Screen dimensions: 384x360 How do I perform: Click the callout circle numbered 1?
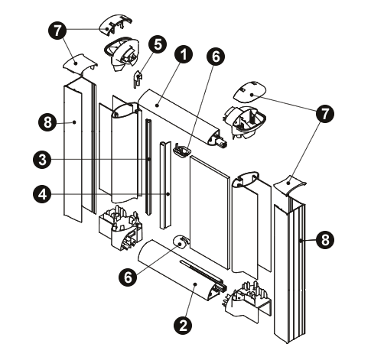click(x=184, y=54)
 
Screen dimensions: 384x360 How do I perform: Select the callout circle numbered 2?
click(x=183, y=325)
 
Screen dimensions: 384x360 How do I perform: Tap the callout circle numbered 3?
click(x=42, y=160)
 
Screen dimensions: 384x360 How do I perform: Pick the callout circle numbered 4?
click(x=42, y=194)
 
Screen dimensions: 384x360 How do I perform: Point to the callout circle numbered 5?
click(x=158, y=44)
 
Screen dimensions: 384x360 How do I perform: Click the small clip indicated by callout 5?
click(x=138, y=79)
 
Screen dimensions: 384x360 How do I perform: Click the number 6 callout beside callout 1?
click(x=216, y=57)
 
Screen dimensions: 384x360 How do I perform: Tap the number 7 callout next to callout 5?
click(x=57, y=31)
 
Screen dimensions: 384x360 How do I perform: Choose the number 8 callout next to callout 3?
click(x=47, y=122)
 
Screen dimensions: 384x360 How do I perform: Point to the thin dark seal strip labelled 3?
click(x=148, y=167)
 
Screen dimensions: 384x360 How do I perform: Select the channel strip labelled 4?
click(x=166, y=185)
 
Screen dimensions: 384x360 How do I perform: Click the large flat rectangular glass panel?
click(x=209, y=212)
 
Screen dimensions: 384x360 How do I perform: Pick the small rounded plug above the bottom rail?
click(x=181, y=242)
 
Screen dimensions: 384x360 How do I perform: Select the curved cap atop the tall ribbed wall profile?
click(x=289, y=186)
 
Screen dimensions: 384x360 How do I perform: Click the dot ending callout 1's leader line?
click(x=158, y=105)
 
